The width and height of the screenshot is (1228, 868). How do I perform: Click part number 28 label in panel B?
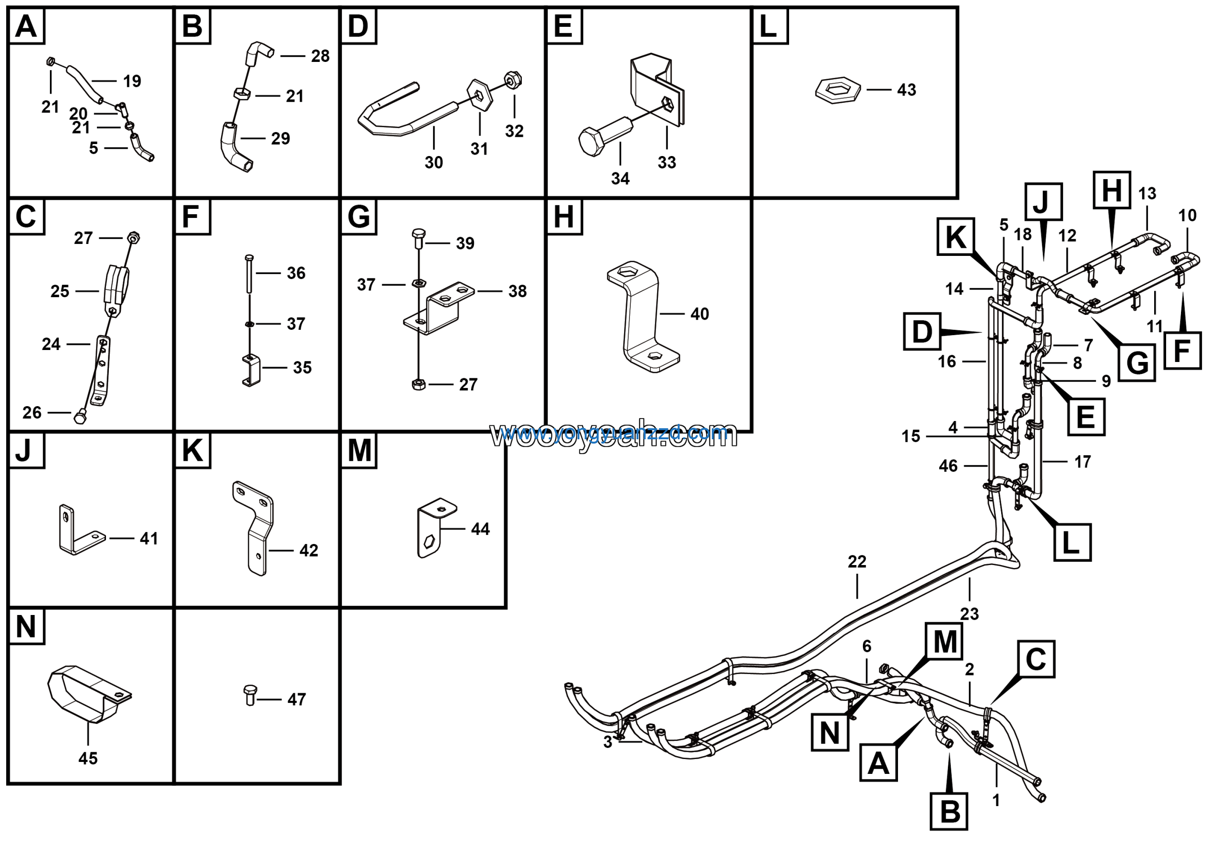tap(320, 56)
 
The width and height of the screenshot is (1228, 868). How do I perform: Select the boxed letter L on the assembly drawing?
tap(1071, 542)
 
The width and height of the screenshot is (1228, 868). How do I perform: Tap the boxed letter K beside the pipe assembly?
tap(955, 237)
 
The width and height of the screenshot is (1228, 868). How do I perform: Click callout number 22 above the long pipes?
tap(857, 562)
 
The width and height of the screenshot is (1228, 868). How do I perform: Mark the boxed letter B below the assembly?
tap(949, 811)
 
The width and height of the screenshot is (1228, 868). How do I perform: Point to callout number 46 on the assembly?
tap(948, 466)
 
